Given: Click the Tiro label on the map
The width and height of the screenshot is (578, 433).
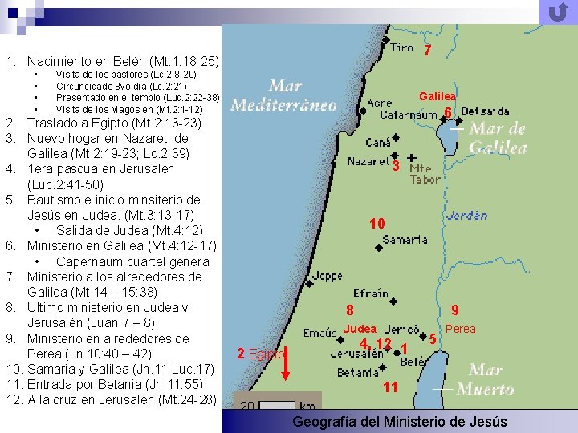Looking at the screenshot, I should pyautogui.click(x=402, y=47).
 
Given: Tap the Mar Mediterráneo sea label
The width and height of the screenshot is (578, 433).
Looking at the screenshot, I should pyautogui.click(x=283, y=95).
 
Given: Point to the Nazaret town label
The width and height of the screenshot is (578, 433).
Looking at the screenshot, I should pyautogui.click(x=368, y=161).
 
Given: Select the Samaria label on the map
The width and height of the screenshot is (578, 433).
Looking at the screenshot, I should pyautogui.click(x=405, y=240).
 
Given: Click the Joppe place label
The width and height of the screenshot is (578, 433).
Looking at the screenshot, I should pyautogui.click(x=327, y=277).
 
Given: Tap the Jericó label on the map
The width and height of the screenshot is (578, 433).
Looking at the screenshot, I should pyautogui.click(x=401, y=329).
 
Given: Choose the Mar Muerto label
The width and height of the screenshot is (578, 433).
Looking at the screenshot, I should pyautogui.click(x=485, y=379).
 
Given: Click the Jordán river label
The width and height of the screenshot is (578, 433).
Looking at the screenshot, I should pyautogui.click(x=466, y=216).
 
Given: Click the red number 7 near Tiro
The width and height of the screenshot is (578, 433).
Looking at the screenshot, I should pyautogui.click(x=428, y=50).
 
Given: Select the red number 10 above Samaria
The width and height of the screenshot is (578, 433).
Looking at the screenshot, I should pyautogui.click(x=377, y=223).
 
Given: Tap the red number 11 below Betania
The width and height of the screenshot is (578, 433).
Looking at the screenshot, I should pyautogui.click(x=390, y=387).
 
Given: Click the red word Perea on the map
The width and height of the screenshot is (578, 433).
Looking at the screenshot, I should pyautogui.click(x=461, y=329).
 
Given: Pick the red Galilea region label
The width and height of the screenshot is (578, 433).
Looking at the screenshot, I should pyautogui.click(x=438, y=96).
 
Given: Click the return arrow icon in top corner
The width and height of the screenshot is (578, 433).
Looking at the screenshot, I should pyautogui.click(x=557, y=13).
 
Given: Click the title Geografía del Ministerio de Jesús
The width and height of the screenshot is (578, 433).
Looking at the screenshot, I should pyautogui.click(x=399, y=422).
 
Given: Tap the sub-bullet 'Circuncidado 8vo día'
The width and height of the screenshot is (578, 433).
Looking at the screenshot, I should pyautogui.click(x=121, y=86).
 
